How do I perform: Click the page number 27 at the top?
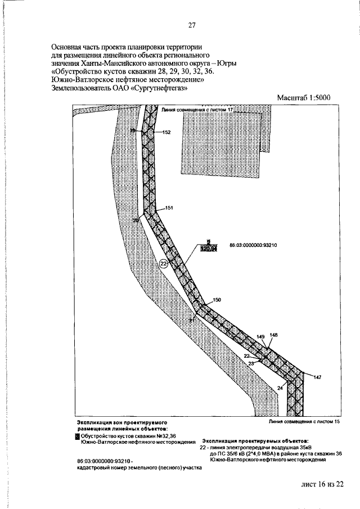[192, 25]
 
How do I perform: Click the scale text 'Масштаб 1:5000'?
[303, 98]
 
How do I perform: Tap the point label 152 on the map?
[166, 132]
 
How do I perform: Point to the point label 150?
[218, 300]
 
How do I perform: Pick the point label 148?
[273, 335]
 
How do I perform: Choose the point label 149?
[260, 336]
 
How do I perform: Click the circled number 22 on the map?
[164, 263]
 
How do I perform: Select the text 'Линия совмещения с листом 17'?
[197, 110]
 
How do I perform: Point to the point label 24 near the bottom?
[280, 388]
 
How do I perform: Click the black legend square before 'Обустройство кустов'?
[77, 435]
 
